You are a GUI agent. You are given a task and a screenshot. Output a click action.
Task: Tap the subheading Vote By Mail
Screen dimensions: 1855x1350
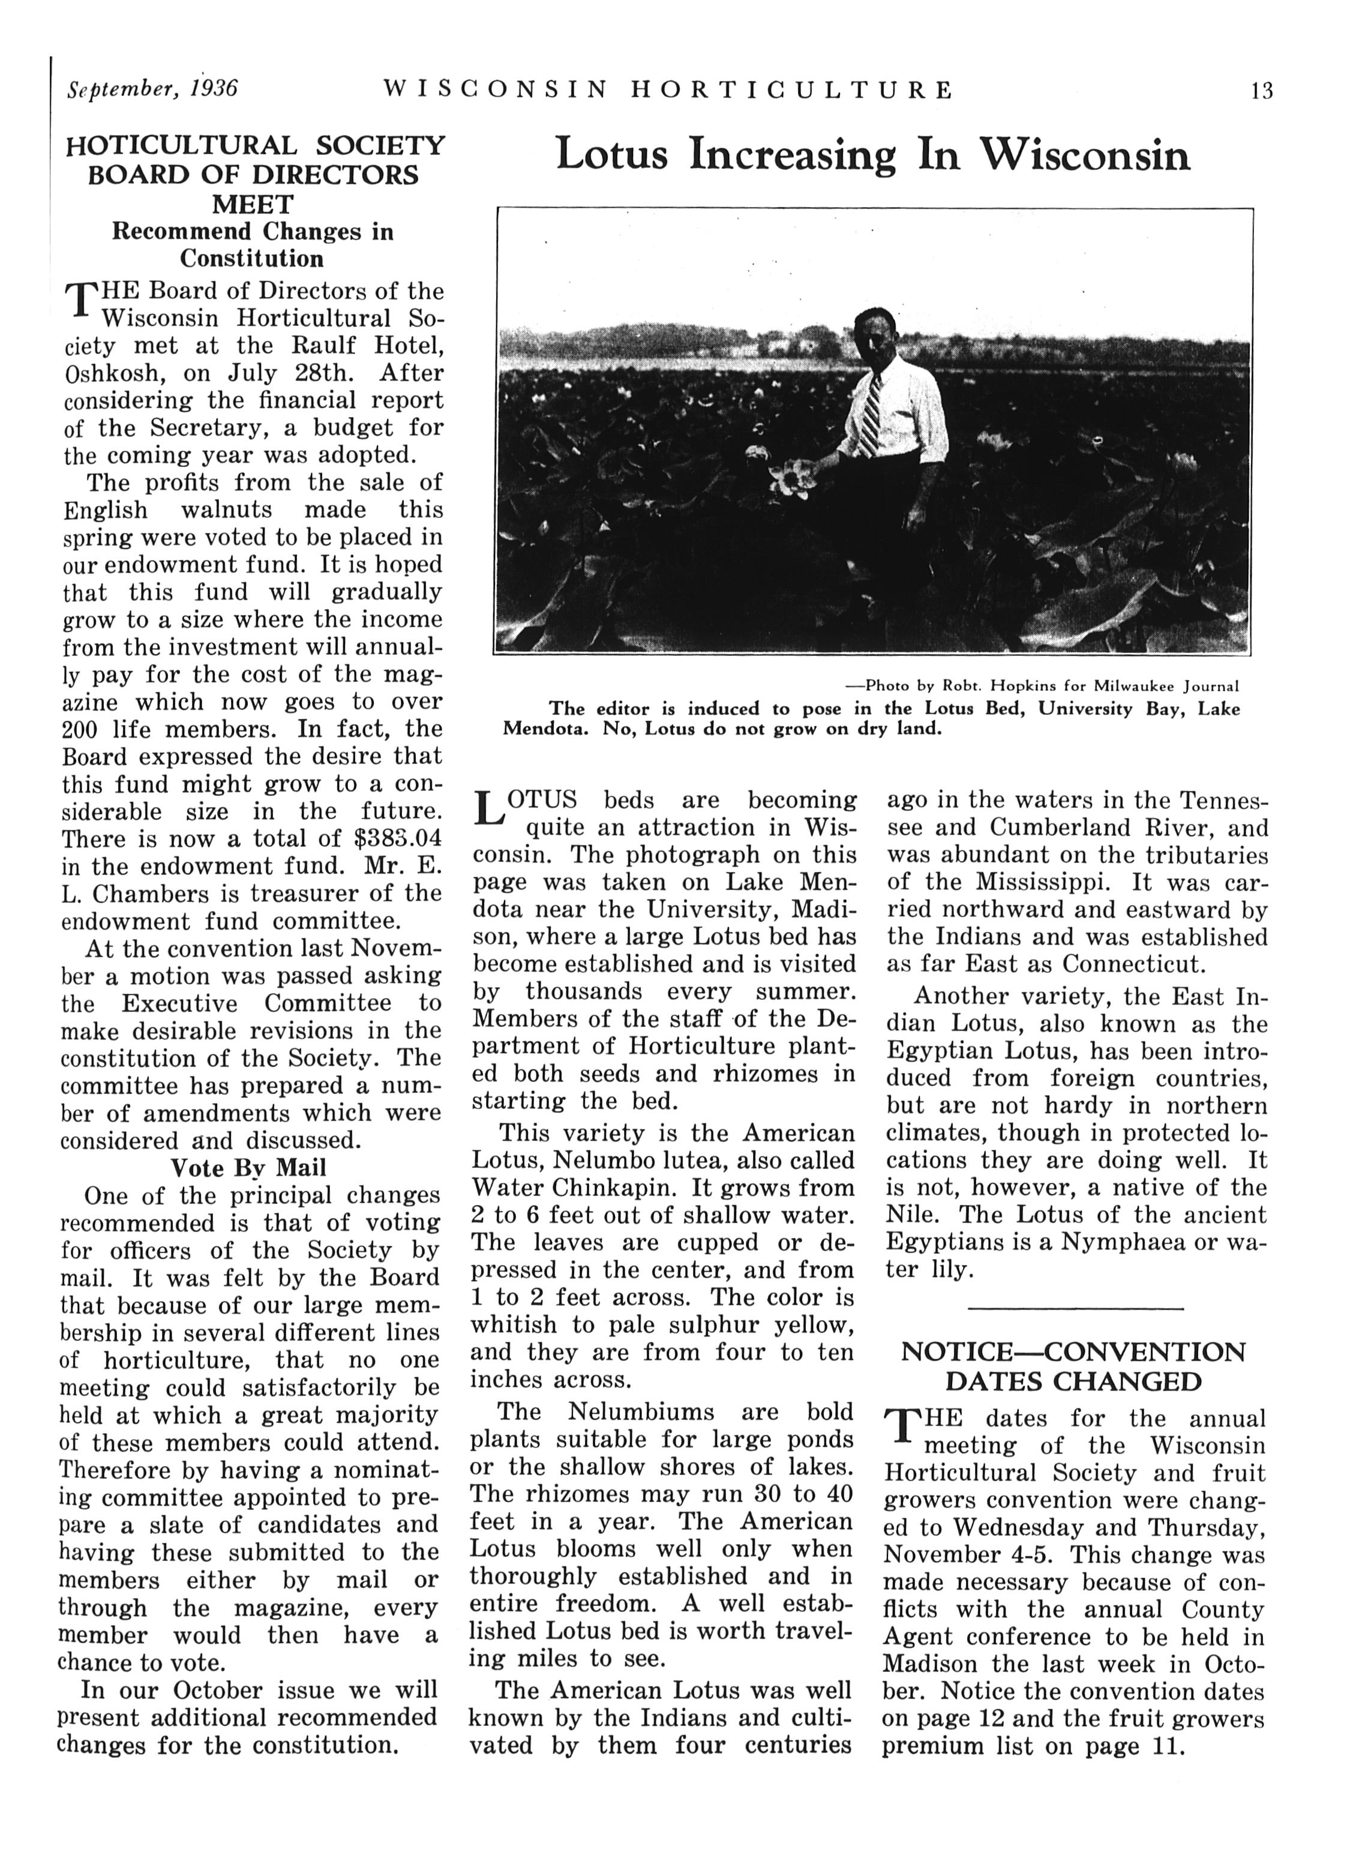[248, 1167]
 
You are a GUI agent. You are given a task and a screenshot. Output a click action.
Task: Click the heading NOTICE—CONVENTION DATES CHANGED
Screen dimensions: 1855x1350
[1073, 1366]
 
